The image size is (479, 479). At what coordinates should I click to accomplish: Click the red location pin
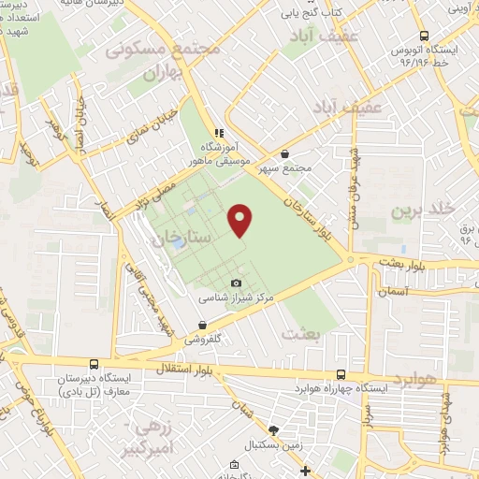tap(240, 219)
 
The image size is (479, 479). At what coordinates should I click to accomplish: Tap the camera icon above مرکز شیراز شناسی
tap(236, 283)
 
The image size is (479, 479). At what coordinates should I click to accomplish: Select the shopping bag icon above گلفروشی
tap(200, 327)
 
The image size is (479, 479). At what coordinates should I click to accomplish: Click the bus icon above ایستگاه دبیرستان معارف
tap(93, 364)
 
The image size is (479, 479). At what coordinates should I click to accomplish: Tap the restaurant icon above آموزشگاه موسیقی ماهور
tap(219, 133)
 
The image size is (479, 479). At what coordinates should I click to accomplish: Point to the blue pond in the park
tap(179, 241)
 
